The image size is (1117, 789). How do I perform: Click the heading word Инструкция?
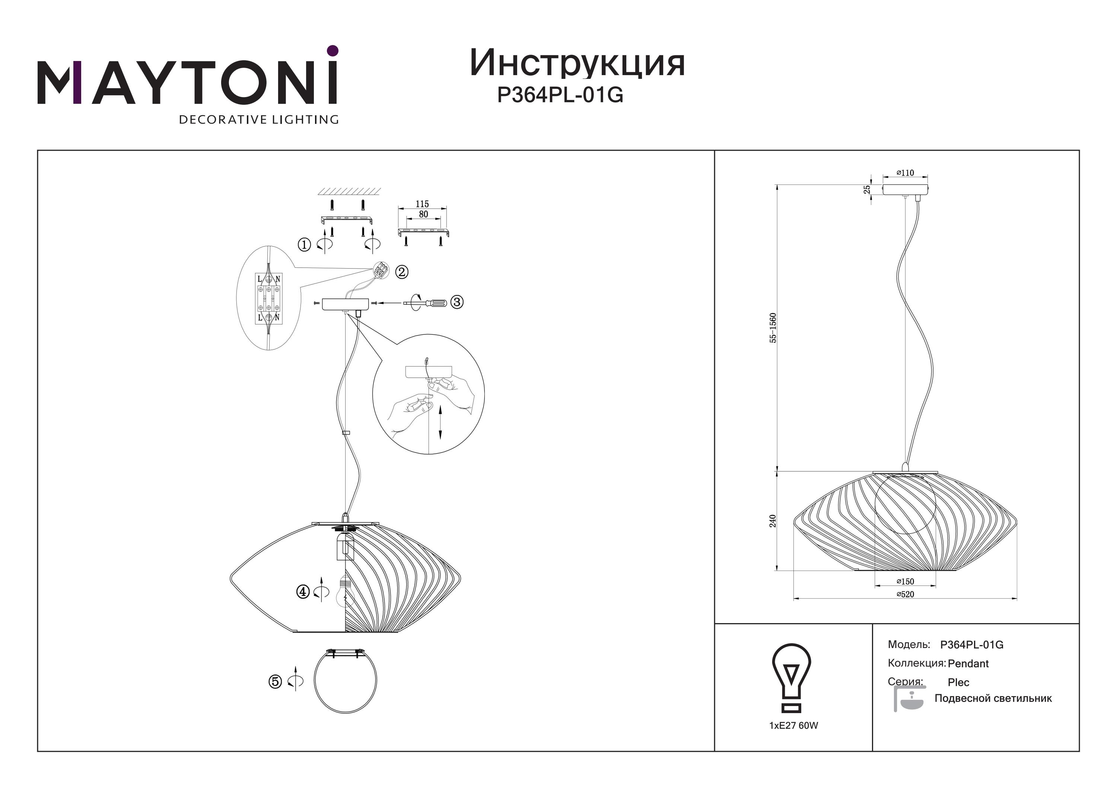[577, 64]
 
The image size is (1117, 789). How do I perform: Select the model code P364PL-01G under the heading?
[560, 95]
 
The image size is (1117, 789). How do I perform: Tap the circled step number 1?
[304, 244]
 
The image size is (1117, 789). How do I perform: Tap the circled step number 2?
[401, 272]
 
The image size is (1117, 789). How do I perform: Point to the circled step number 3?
[456, 302]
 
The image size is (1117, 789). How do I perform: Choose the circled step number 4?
[303, 591]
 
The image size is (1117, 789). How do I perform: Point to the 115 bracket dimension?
[422, 204]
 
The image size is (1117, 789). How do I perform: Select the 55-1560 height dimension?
[773, 328]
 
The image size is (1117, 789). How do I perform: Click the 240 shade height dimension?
[773, 521]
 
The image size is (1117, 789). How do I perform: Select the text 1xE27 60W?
[793, 725]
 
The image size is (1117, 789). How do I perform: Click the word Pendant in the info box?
[968, 664]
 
